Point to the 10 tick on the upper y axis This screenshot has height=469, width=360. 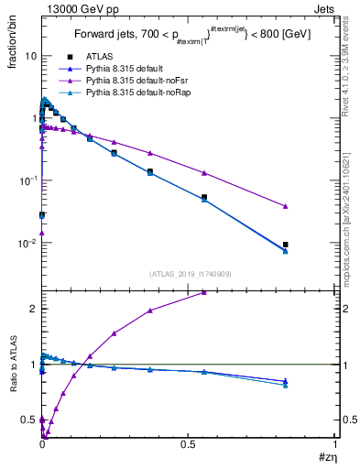30,56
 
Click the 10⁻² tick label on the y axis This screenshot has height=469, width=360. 27,244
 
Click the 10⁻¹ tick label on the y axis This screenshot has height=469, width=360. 27,181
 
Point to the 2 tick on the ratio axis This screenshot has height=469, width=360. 33,309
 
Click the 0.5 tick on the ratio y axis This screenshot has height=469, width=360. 29,420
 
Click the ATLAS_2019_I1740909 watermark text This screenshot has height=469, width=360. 188,274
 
